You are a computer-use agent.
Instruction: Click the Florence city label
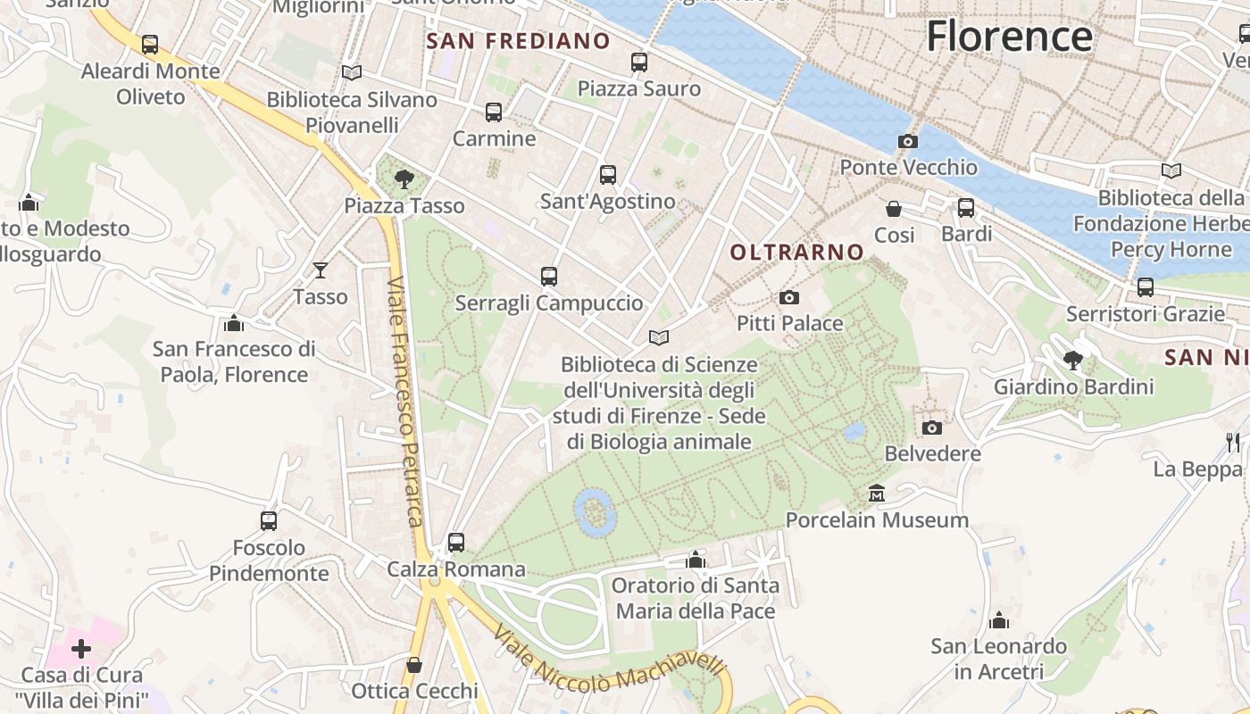click(1009, 37)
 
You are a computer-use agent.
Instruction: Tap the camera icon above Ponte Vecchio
click(908, 141)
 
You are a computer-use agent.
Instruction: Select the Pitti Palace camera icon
click(789, 297)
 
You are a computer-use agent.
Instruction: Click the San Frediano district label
click(518, 41)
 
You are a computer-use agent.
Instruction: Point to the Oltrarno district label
click(797, 253)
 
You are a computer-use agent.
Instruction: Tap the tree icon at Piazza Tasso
click(404, 179)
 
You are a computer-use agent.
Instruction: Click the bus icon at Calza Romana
click(456, 542)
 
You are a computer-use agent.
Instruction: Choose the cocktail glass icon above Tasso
click(321, 270)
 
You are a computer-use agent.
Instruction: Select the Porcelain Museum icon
click(877, 493)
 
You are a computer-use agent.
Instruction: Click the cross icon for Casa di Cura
click(81, 649)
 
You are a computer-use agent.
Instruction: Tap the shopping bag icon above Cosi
click(894, 209)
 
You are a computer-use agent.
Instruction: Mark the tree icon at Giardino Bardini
click(1073, 361)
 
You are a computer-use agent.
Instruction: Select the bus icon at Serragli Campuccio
click(549, 277)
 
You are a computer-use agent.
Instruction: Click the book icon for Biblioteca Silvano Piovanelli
click(352, 72)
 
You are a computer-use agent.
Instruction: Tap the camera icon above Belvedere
click(932, 428)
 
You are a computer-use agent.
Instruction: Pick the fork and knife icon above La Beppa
click(1233, 442)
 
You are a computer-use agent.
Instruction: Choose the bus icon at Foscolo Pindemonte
click(269, 520)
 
